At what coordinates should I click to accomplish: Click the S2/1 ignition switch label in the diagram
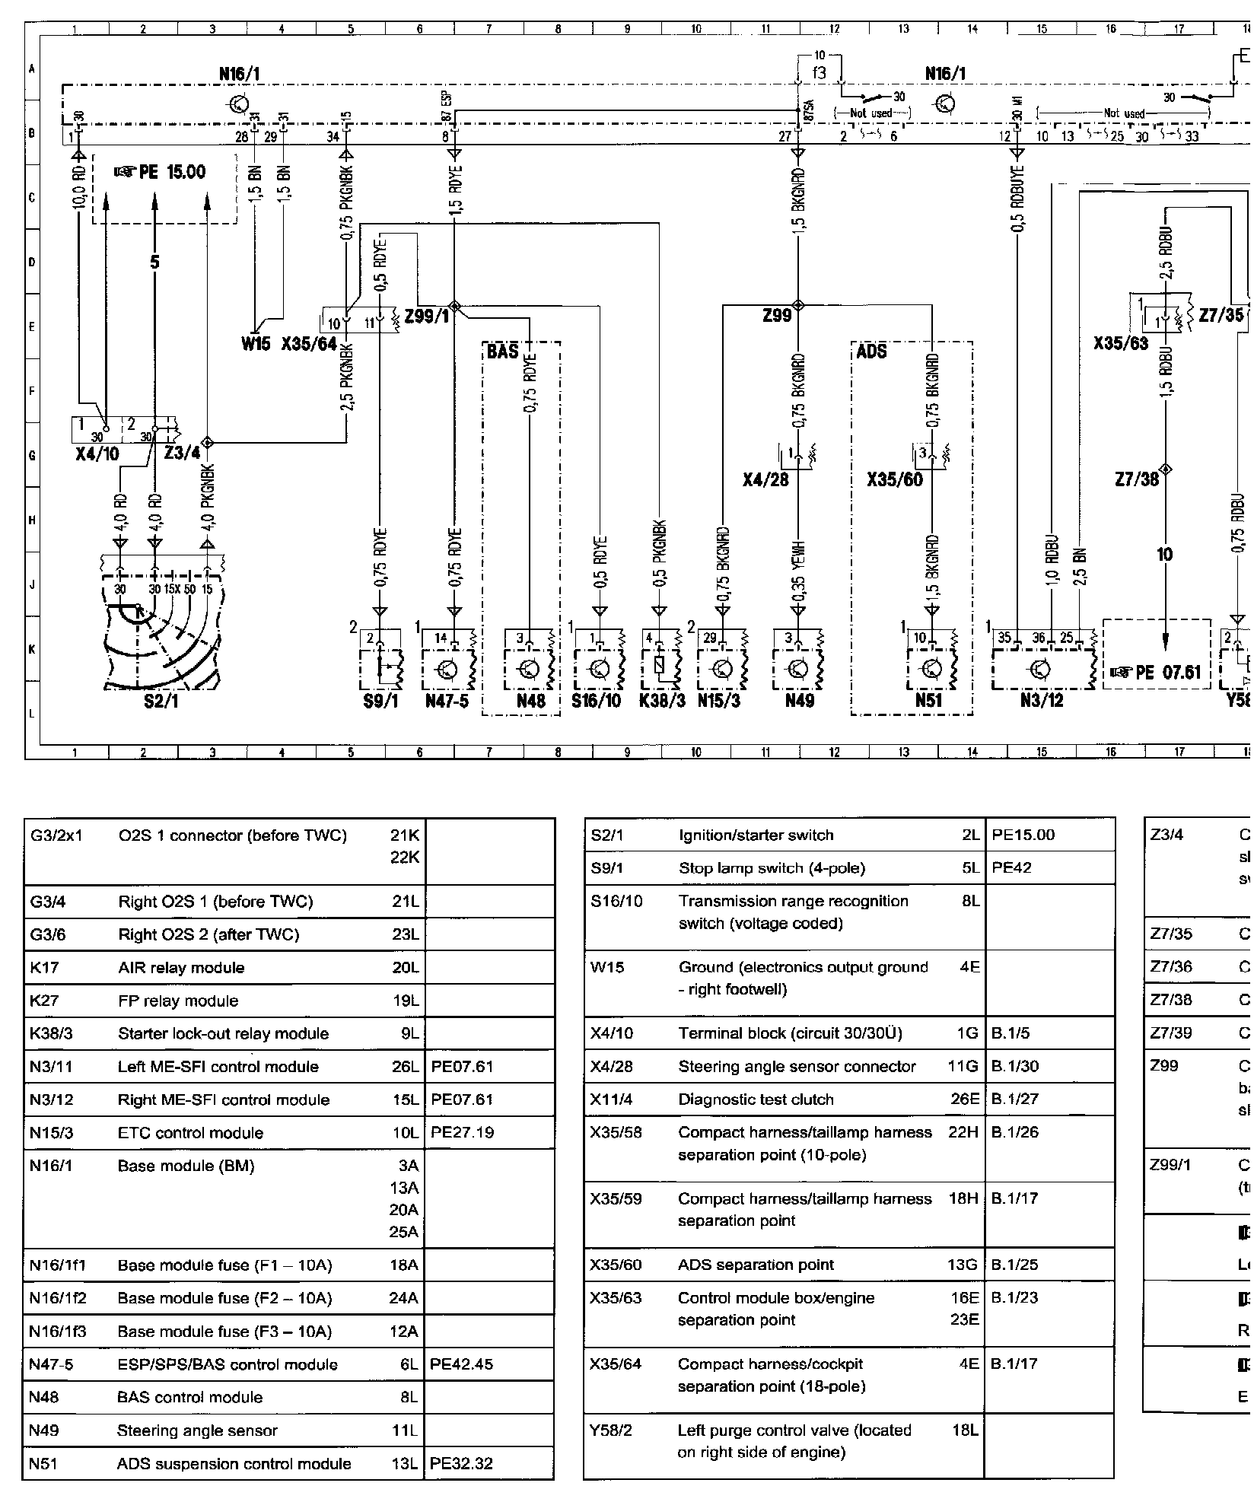[161, 701]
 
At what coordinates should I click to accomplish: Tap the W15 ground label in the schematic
[256, 344]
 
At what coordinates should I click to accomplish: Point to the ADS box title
[871, 352]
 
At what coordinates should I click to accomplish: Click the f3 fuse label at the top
[819, 74]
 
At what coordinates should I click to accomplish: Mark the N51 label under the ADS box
[928, 700]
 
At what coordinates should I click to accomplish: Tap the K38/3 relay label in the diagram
[657, 700]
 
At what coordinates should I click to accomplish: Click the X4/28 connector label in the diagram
[765, 479]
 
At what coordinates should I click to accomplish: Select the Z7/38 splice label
[1136, 479]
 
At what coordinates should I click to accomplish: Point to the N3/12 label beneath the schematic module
[1041, 700]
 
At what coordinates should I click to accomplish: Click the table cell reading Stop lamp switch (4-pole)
[772, 868]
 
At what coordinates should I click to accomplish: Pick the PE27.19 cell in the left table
[463, 1132]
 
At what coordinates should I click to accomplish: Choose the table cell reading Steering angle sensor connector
[797, 1066]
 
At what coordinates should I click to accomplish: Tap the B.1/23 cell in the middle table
[1015, 1297]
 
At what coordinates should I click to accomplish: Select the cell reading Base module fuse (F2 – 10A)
[224, 1298]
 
